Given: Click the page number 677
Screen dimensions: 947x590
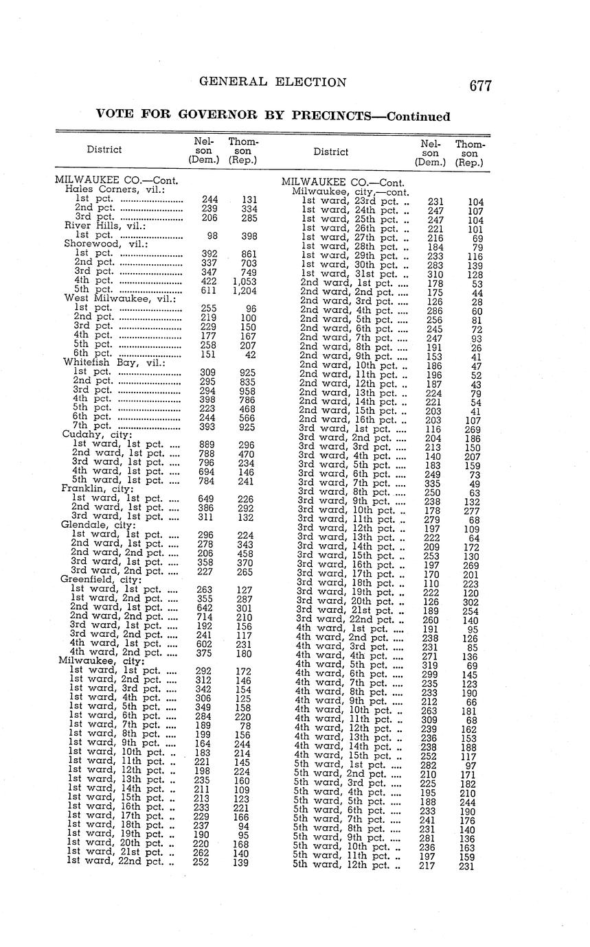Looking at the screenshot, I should point(481,86).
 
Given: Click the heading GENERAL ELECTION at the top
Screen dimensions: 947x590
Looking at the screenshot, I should point(273,82).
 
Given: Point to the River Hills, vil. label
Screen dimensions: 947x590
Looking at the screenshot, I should point(97,225).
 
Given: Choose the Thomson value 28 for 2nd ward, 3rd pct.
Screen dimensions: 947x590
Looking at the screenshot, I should point(476,301).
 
